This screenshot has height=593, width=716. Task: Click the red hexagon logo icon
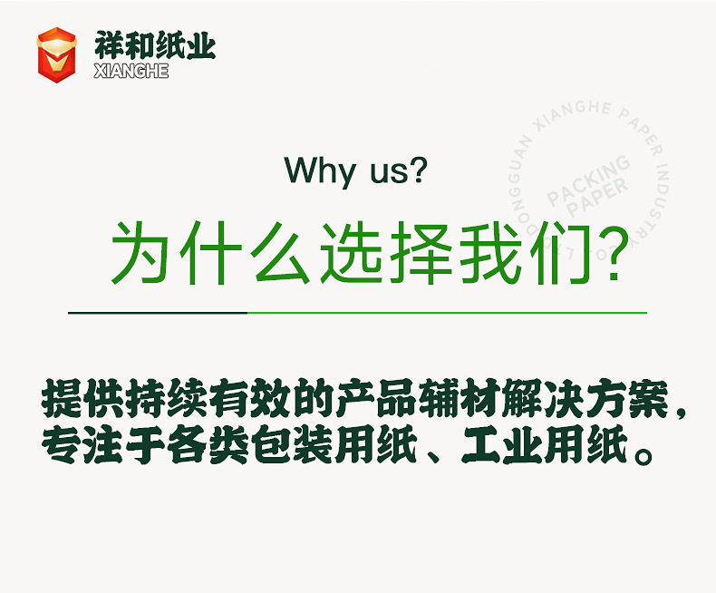tap(56, 54)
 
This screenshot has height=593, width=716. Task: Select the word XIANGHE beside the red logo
tap(131, 72)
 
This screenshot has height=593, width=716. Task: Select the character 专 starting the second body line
tap(61, 447)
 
